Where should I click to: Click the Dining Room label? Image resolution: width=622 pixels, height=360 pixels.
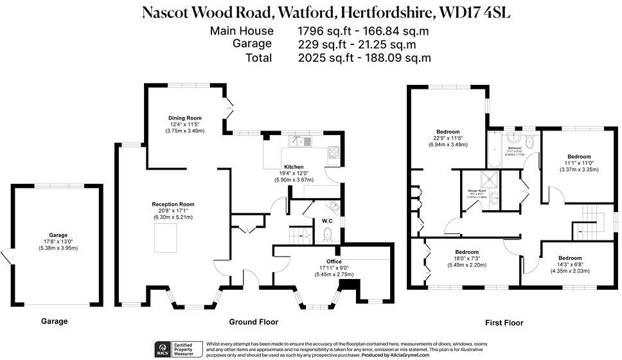185,118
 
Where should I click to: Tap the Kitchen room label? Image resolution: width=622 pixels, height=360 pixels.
285,166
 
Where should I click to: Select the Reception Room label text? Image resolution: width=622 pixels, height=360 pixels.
173,204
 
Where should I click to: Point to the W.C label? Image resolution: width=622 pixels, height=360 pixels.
326,221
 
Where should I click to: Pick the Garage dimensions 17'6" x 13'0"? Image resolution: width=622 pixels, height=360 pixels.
58,242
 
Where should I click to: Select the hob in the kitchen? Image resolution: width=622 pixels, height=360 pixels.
334,152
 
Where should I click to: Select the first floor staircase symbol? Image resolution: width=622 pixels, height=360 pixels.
592,222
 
